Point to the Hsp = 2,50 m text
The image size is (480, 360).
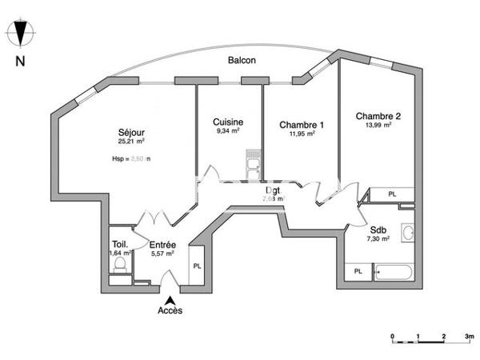coord(131,159)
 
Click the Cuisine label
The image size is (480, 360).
coord(228,122)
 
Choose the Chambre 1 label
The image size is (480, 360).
coord(302,125)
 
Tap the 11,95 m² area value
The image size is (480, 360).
coord(302,134)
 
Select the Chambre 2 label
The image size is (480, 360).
coord(378,115)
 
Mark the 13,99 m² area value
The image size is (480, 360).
coord(378,125)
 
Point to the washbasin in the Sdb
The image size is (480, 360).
coord(407,234)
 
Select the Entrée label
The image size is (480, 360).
coord(162,245)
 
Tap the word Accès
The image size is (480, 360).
coord(169,310)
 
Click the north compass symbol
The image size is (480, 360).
coord(22,34)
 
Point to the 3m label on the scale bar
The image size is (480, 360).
coord(467,336)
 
